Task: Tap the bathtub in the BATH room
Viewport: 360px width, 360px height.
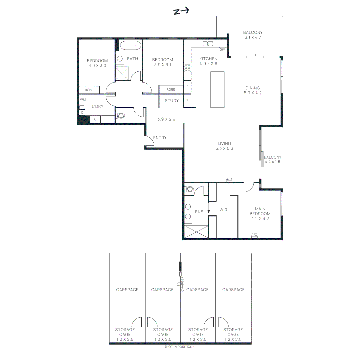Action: (131, 46)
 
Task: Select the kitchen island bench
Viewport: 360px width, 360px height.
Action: (217, 89)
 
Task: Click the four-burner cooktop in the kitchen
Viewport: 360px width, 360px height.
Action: (187, 68)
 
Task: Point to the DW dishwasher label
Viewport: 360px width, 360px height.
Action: (222, 50)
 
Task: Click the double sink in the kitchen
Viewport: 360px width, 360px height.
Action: (208, 44)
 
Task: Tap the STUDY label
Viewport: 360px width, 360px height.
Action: (172, 101)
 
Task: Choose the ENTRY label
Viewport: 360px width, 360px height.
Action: (160, 138)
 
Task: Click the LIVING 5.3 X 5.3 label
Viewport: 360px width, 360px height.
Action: (224, 146)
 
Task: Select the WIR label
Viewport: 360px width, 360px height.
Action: (223, 210)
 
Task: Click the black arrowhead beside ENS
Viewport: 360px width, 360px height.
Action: (209, 211)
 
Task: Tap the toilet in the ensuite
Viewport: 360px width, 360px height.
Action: (189, 189)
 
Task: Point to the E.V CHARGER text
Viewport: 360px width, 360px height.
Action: (180, 284)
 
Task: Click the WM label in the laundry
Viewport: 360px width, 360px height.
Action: (83, 100)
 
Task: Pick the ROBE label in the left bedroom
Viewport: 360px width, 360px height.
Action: (89, 90)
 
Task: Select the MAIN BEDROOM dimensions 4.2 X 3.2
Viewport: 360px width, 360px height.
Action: (260, 219)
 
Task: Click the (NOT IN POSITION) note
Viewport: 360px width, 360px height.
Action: (179, 347)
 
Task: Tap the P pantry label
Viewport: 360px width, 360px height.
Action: (187, 87)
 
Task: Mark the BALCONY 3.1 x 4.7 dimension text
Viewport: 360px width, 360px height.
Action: (253, 37)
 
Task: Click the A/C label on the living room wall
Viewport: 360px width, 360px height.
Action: (229, 179)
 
